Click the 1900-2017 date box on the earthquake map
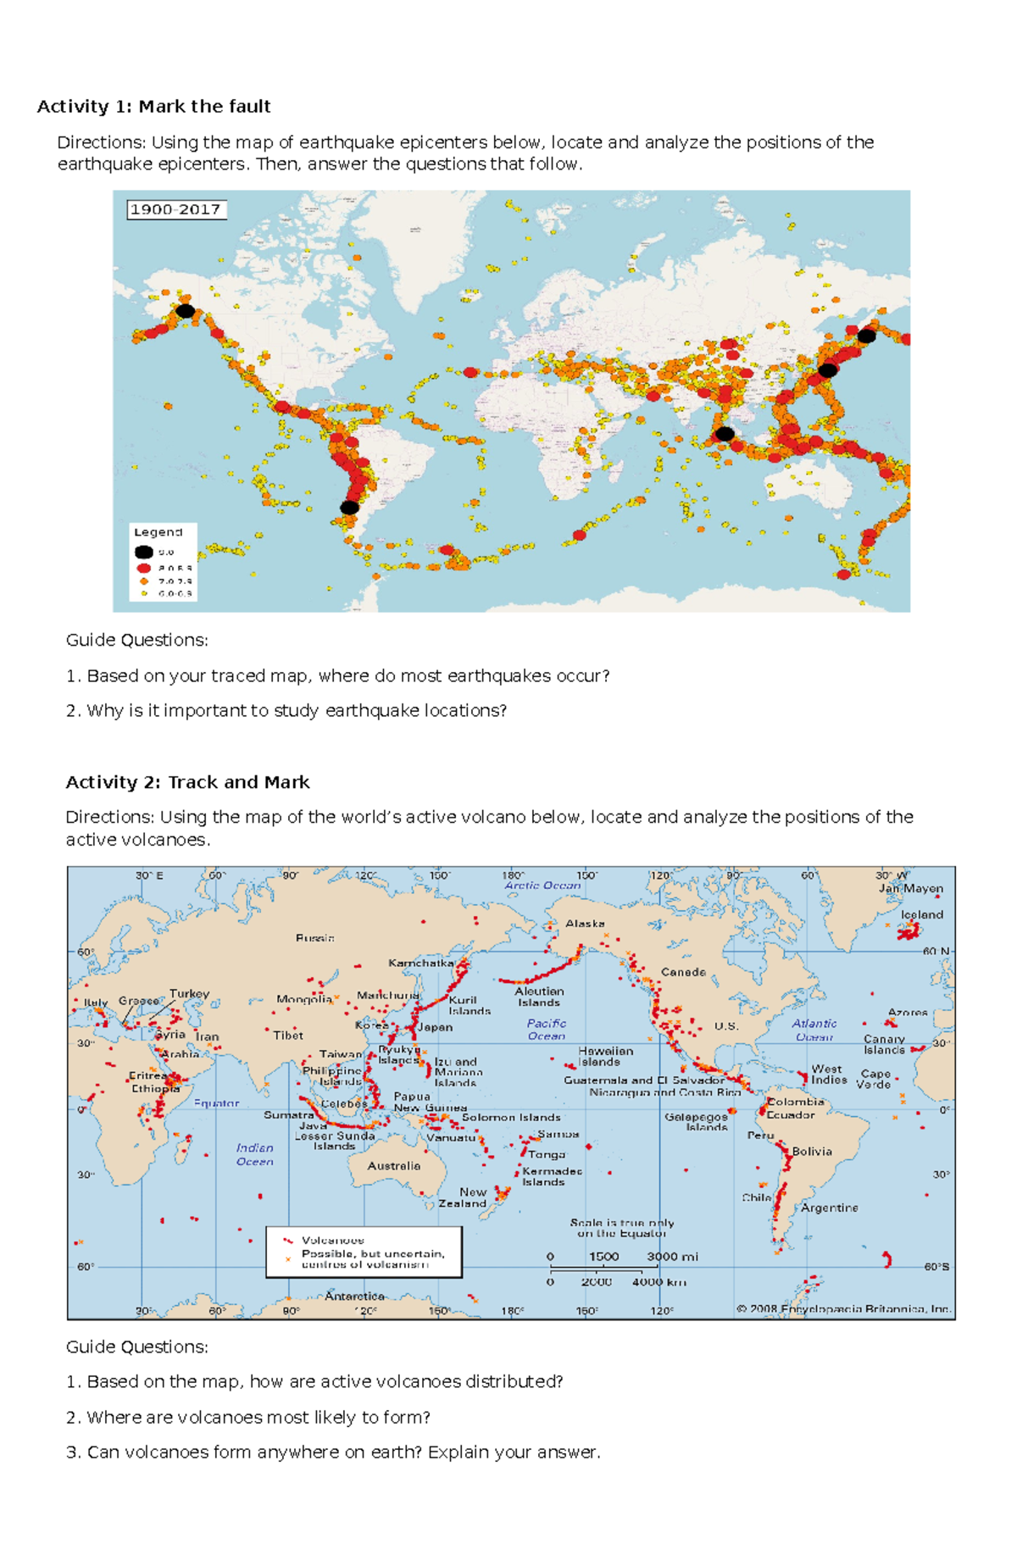coord(176,209)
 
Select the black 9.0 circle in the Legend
coord(144,552)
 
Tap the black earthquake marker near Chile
coord(349,508)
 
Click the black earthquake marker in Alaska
coord(185,311)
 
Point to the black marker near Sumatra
coord(724,434)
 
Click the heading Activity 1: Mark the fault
coord(153,107)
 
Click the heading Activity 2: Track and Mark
coord(187,782)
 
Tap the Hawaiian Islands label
coord(604,1056)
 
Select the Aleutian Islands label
coord(539,997)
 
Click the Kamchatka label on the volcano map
coord(421,963)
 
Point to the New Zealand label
coord(463,1197)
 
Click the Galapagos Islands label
coord(696,1122)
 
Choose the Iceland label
coord(922,914)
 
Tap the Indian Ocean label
coord(254,1154)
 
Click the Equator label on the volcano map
coord(217,1103)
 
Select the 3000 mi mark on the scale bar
coord(671,1257)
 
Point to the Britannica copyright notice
coord(843,1308)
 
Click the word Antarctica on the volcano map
coord(354,1296)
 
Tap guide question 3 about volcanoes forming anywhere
coord(332,1452)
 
